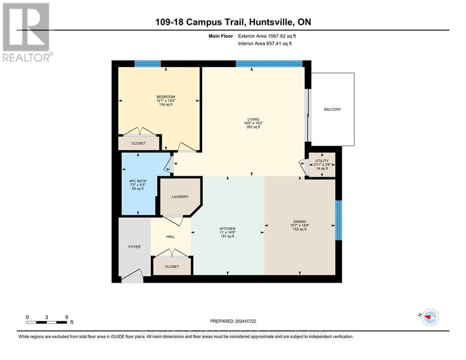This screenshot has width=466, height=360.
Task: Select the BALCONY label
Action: pyautogui.click(x=333, y=110)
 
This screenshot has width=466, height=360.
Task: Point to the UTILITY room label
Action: pyautogui.click(x=322, y=161)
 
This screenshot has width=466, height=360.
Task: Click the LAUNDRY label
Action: pyautogui.click(x=180, y=197)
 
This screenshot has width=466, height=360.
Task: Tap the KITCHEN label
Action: pyautogui.click(x=227, y=228)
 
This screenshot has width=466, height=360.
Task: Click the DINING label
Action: pyautogui.click(x=300, y=222)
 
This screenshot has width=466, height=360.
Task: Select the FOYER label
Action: pyautogui.click(x=134, y=247)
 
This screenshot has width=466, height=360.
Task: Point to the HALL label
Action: pyautogui.click(x=170, y=237)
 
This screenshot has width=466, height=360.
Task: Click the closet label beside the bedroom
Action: pyautogui.click(x=139, y=143)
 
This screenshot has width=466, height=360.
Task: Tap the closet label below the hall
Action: pyautogui.click(x=172, y=267)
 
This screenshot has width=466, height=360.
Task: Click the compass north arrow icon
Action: pyautogui.click(x=429, y=318)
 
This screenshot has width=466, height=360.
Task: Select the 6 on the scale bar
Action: pyautogui.click(x=67, y=317)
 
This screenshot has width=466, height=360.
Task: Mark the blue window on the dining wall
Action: pyautogui.click(x=339, y=219)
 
